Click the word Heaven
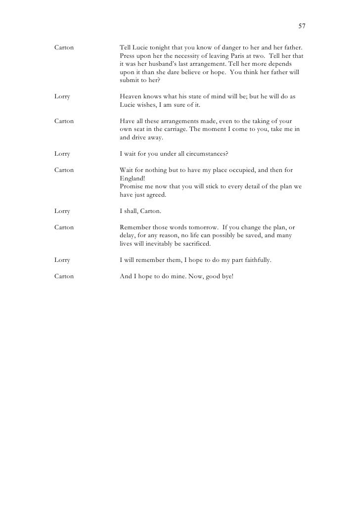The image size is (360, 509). (132, 97)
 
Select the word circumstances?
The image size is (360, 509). (204, 154)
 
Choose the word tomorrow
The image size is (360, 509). (197, 227)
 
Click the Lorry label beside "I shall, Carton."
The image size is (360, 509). (62, 211)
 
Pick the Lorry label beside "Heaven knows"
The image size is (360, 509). (62, 97)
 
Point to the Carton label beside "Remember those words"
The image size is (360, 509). (64, 227)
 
